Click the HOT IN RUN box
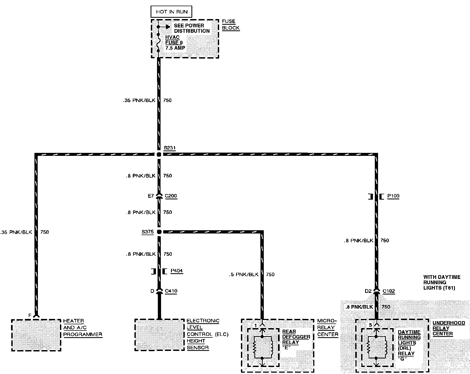(x=172, y=12)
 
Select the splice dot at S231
(x=159, y=154)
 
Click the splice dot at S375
(x=159, y=232)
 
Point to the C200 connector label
(x=171, y=196)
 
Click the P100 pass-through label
(x=393, y=196)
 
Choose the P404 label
(x=177, y=271)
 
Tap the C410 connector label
(x=171, y=291)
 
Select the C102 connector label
(x=389, y=291)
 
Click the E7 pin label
(x=151, y=196)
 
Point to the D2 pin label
(x=368, y=291)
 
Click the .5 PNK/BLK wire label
(x=244, y=274)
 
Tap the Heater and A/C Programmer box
(x=36, y=335)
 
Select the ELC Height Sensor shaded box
(x=159, y=335)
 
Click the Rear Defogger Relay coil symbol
(x=263, y=347)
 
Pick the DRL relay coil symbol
(x=377, y=347)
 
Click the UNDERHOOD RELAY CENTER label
(x=448, y=328)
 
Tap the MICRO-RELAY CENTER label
(x=327, y=328)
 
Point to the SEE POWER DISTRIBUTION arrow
(x=167, y=27)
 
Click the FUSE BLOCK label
(x=230, y=24)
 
